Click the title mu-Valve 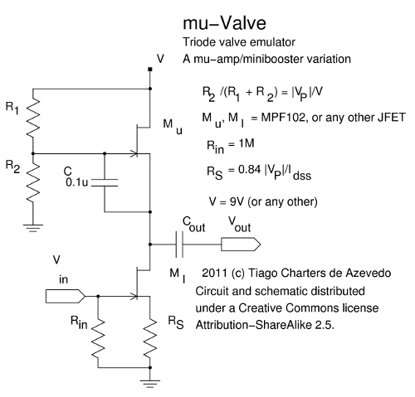pyautogui.click(x=224, y=22)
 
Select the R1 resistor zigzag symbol pyautogui.click(x=33, y=118)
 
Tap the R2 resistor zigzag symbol pyautogui.click(x=33, y=182)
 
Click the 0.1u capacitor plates pyautogui.click(x=105, y=182)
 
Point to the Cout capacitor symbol pyautogui.click(x=179, y=244)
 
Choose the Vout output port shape pyautogui.click(x=241, y=244)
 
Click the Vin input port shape pyautogui.click(x=66, y=297)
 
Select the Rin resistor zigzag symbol pyautogui.click(x=98, y=339)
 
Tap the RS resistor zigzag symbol pyautogui.click(x=150, y=339)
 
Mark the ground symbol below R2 pyautogui.click(x=33, y=228)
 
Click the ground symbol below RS pyautogui.click(x=150, y=384)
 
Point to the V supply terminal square pyautogui.click(x=150, y=70)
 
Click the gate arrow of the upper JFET pyautogui.click(x=134, y=153)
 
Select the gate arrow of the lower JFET pyautogui.click(x=134, y=297)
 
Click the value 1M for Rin pyautogui.click(x=247, y=143)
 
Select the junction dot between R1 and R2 pyautogui.click(x=33, y=153)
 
